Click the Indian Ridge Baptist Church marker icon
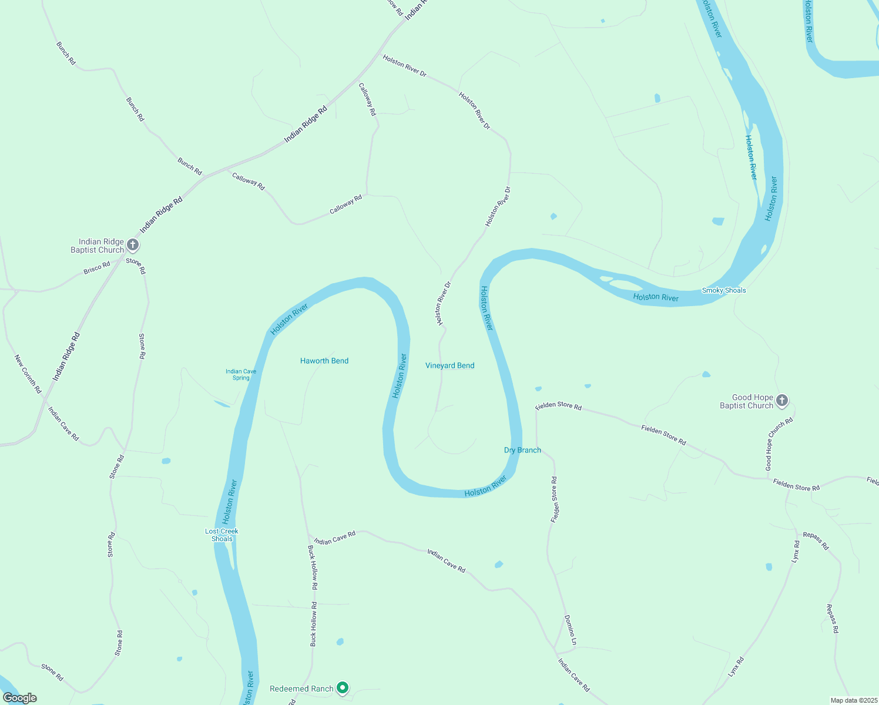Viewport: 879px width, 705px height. (133, 244)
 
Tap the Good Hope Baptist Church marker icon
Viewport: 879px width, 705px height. (781, 401)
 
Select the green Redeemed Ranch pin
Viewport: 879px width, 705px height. (343, 687)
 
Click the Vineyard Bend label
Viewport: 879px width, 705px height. (449, 365)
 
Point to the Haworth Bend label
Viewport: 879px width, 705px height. (324, 361)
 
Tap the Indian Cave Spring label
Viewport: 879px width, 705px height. (241, 374)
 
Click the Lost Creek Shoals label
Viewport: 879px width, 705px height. (222, 535)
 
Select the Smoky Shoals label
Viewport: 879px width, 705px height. (724, 290)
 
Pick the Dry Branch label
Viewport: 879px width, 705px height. (522, 450)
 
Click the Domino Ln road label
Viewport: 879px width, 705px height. (570, 630)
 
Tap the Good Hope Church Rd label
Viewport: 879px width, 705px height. (779, 444)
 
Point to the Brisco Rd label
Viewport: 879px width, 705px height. (97, 268)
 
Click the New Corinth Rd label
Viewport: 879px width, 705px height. (28, 374)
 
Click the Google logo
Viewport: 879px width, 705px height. (20, 697)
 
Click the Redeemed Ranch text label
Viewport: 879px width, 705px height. (301, 689)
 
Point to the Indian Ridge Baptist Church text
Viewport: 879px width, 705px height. (98, 246)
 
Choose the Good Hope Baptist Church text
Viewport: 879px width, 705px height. (746, 401)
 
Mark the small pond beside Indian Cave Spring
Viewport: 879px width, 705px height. (222, 404)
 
